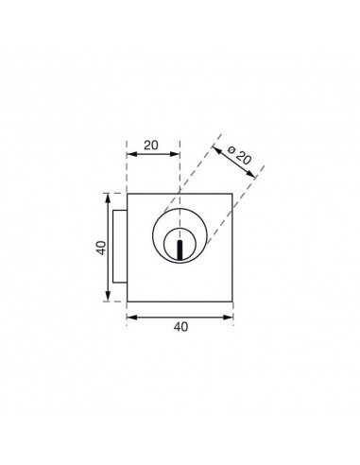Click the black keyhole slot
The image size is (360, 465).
(x=180, y=250)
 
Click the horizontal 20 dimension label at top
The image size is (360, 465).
(x=151, y=146)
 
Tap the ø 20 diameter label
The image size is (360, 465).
(x=240, y=155)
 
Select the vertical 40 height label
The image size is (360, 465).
(x=102, y=248)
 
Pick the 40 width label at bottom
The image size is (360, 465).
(x=180, y=327)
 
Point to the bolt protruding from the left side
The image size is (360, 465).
(x=120, y=247)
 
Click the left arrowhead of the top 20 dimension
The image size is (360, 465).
(x=131, y=154)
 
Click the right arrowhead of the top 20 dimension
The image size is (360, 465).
(x=175, y=154)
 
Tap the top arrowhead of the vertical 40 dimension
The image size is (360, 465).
(x=108, y=198)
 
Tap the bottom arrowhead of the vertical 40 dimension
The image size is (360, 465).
(x=108, y=297)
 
